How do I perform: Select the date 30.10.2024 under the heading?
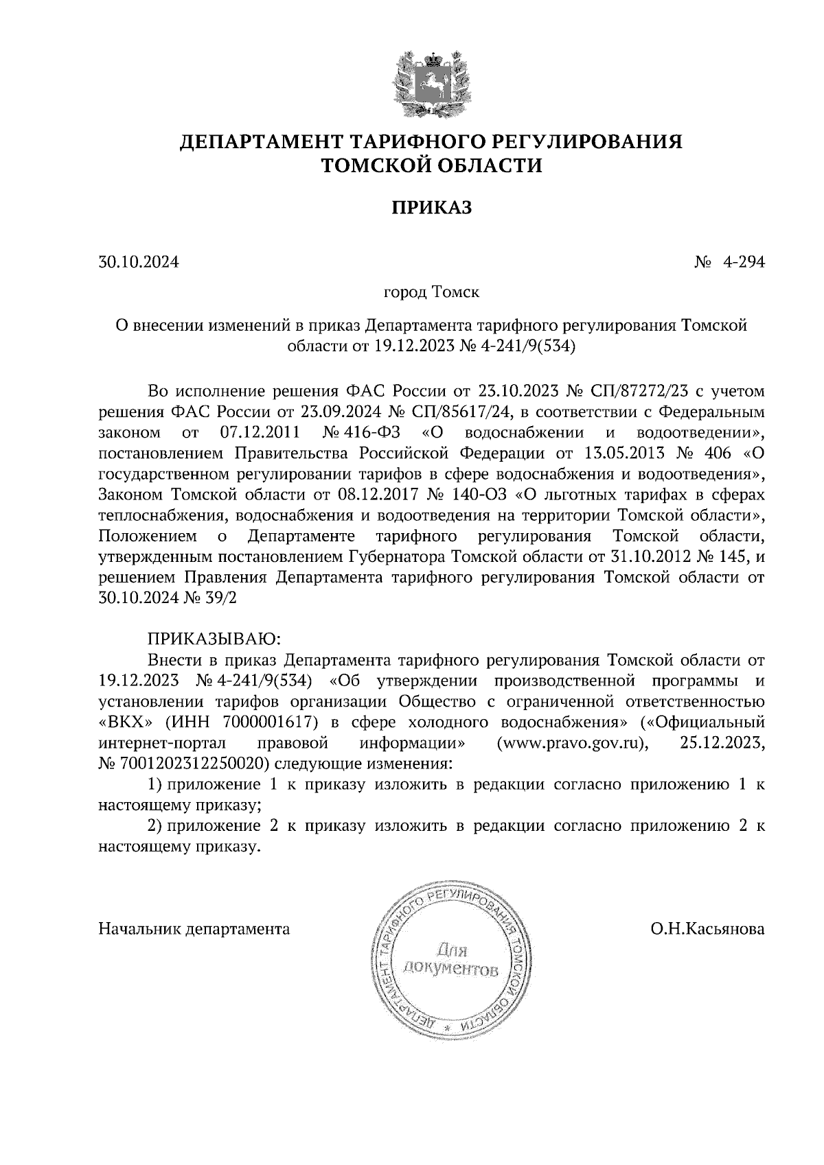coord(138,261)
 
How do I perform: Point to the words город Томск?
coord(431,293)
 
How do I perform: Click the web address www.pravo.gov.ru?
coord(572,742)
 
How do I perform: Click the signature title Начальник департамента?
coord(194,930)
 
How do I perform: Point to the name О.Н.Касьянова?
coord(708,930)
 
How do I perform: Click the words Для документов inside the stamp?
coord(450,961)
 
